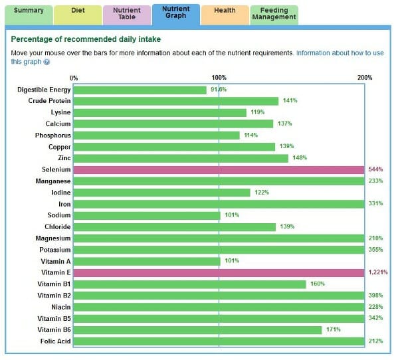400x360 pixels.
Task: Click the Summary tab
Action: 29,11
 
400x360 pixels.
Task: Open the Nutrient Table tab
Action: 127,14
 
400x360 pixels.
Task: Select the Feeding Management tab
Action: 274,14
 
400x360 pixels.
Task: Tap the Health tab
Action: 225,11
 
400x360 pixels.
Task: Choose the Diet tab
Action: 78,11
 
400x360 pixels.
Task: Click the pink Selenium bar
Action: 219,169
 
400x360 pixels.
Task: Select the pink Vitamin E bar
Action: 219,272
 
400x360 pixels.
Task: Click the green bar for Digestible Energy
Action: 140,90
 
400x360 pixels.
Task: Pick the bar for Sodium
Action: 146,215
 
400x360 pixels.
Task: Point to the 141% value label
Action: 290,101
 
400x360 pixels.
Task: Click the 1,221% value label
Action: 377,272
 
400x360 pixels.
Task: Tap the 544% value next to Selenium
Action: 375,169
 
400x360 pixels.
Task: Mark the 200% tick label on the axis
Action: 365,78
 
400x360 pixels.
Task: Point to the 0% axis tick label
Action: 73,78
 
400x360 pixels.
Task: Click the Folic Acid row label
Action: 54,341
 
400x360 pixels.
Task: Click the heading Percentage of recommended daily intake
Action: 86,39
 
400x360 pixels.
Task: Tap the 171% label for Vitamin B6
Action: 333,329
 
